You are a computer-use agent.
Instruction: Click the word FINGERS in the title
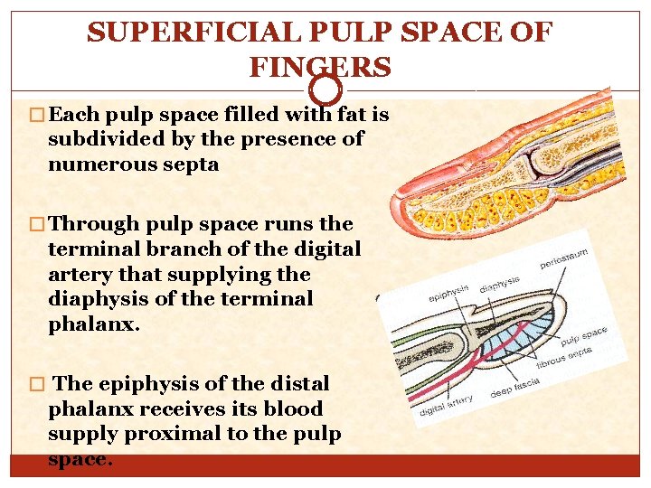point(321,67)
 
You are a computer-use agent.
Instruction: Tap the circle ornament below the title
point(325,89)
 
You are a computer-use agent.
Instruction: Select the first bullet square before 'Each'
point(38,116)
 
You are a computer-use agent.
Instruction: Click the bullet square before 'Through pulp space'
point(38,224)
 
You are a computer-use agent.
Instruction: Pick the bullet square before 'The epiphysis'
point(38,383)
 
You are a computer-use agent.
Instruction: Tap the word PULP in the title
point(348,33)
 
